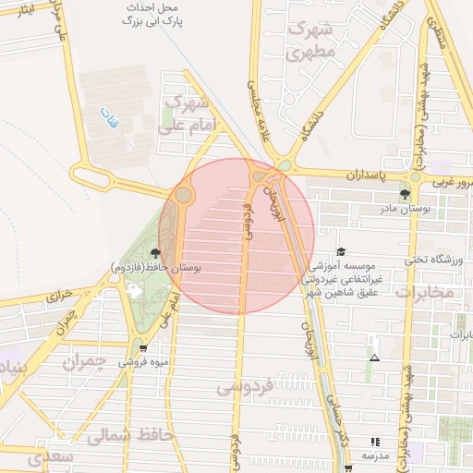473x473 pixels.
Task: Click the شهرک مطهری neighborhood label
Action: (x=309, y=41)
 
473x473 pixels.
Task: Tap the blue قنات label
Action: (x=109, y=117)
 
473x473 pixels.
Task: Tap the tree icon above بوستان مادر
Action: (x=405, y=194)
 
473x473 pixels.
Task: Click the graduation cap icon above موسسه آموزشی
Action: (x=341, y=252)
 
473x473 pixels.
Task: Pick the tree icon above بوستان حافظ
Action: (x=154, y=252)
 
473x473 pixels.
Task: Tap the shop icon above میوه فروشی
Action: (x=142, y=347)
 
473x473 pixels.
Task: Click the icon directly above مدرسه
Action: (x=374, y=443)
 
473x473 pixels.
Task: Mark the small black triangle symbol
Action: (x=374, y=358)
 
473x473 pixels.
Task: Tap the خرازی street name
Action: (x=58, y=297)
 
